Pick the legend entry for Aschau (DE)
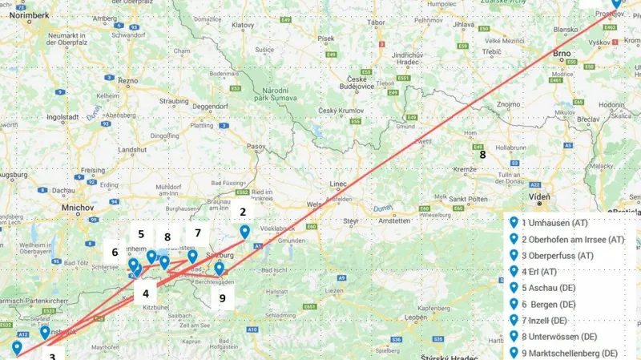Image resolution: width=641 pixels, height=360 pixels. (x=554, y=288)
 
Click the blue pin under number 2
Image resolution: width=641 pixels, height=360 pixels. (x=244, y=232)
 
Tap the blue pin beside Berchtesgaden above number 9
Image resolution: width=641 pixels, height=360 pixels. (x=219, y=269)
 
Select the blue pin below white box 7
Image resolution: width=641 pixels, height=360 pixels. (x=192, y=257)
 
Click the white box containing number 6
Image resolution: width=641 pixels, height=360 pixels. (x=115, y=252)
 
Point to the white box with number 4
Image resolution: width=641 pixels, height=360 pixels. (x=146, y=293)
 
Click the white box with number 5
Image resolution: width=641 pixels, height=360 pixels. (x=141, y=234)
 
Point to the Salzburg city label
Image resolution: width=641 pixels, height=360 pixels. (x=219, y=255)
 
